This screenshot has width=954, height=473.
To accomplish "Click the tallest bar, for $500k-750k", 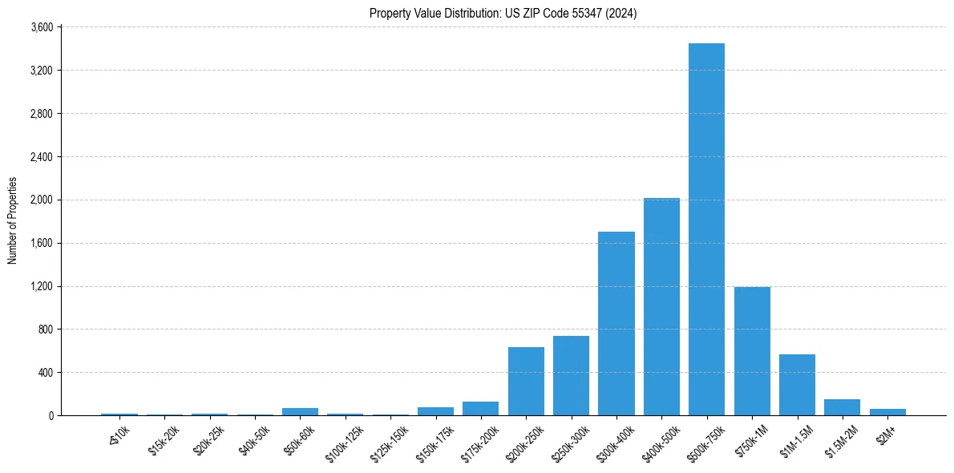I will click(x=706, y=229).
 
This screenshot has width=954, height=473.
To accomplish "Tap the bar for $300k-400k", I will click(x=616, y=324).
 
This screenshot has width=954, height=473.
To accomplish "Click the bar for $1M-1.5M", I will click(x=797, y=385).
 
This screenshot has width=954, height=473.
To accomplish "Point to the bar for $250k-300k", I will click(x=571, y=376).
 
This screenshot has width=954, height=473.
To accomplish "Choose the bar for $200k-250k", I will click(x=526, y=382).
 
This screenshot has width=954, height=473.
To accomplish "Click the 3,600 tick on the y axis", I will click(x=42, y=27).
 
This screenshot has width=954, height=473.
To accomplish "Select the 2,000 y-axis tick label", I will click(x=42, y=200).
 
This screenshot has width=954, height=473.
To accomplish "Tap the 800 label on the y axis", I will click(x=46, y=329).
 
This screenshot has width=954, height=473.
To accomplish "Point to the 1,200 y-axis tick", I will click(x=42, y=286).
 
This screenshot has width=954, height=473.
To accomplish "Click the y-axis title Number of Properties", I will click(x=12, y=220).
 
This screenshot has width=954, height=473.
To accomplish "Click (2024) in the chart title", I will click(x=621, y=13).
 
